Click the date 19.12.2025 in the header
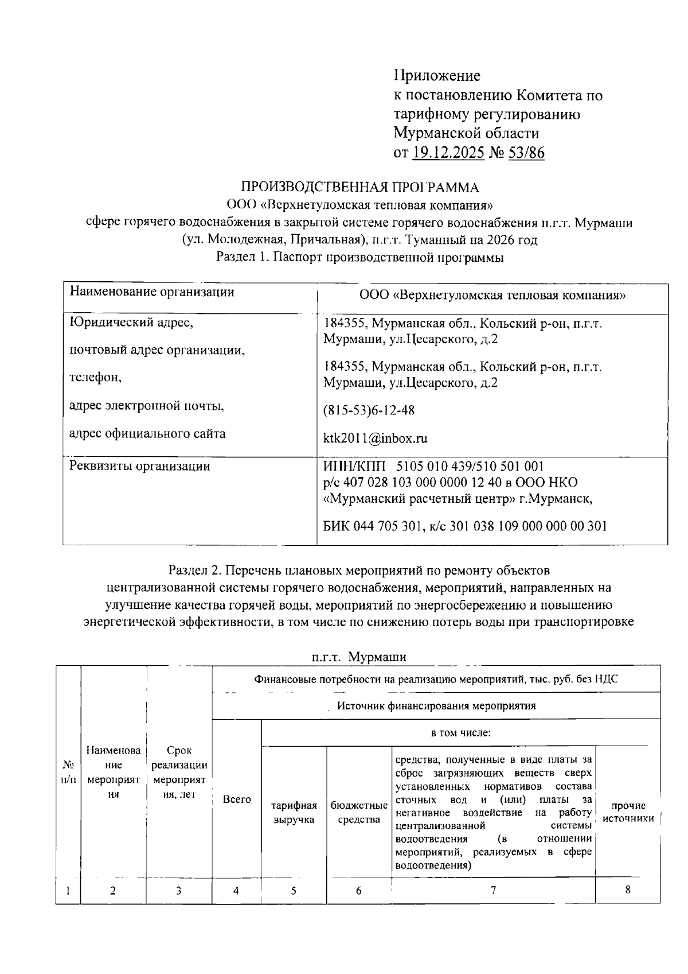coord(448,153)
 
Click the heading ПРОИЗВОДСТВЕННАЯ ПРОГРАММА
coord(359,187)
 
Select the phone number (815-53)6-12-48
coord(369,410)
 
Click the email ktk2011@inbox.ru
coord(376,439)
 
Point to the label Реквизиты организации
coord(139,466)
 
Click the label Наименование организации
coord(152,292)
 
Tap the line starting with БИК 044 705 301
coord(465,526)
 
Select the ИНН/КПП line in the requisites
coord(433,466)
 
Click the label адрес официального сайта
coord(147,434)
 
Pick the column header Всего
coord(237,799)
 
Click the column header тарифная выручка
coord(294,813)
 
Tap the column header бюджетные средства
coord(359,813)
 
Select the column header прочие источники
coord(628,813)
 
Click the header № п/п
coord(68,773)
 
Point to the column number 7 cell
coord(493,890)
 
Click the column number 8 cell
coord(628,890)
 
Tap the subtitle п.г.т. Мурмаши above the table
coord(359,657)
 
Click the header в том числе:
coord(460,733)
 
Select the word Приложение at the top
coord(437,76)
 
